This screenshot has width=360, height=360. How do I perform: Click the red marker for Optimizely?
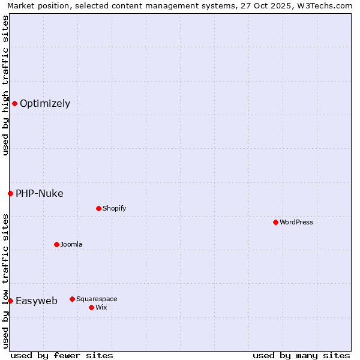[14, 103]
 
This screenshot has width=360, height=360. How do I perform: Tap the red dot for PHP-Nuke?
[10, 193]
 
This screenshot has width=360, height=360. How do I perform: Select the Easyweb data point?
[10, 301]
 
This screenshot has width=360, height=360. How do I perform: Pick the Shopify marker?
[98, 208]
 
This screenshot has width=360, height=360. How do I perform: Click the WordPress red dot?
[275, 222]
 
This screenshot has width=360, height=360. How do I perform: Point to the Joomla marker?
[56, 244]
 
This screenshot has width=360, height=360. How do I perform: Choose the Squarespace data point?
[72, 299]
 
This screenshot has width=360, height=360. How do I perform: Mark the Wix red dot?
[91, 307]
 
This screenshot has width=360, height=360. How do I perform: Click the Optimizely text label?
[45, 103]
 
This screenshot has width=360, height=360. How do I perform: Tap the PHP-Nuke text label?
[40, 193]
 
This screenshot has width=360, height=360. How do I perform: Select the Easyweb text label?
[37, 301]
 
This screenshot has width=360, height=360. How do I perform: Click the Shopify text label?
[114, 208]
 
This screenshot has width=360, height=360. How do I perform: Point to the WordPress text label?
[296, 222]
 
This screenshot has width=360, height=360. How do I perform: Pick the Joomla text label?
[71, 244]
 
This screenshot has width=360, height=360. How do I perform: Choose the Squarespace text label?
[97, 299]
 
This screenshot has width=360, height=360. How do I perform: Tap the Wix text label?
[101, 307]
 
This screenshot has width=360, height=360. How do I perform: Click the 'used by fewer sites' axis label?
[62, 355]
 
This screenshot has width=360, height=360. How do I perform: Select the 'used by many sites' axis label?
[301, 355]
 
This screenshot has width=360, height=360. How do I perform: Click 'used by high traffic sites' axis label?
[5, 85]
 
